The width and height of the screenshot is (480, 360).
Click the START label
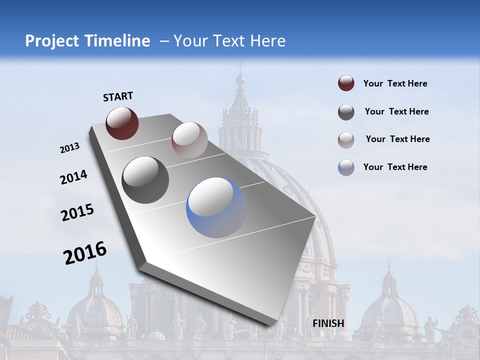(x=118, y=96)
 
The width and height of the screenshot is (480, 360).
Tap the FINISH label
(x=328, y=323)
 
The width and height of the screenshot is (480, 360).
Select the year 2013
(x=70, y=148)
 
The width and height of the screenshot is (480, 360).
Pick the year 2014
(x=73, y=177)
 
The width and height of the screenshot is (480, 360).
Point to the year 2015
(x=77, y=212)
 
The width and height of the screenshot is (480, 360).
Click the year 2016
(x=85, y=253)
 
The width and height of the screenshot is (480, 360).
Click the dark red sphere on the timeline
(x=122, y=123)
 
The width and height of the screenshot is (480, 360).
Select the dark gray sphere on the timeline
(x=145, y=180)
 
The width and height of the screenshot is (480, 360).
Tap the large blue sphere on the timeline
(x=216, y=207)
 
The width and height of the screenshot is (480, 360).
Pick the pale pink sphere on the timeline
(x=189, y=140)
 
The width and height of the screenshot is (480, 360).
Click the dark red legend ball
(x=346, y=83)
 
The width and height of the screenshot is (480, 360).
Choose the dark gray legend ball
(x=346, y=112)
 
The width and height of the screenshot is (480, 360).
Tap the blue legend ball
(x=346, y=167)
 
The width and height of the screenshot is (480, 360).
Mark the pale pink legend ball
(x=346, y=139)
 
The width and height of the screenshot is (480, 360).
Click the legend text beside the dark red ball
(x=395, y=83)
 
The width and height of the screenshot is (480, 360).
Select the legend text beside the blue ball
(x=395, y=167)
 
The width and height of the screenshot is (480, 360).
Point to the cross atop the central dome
(x=240, y=66)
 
